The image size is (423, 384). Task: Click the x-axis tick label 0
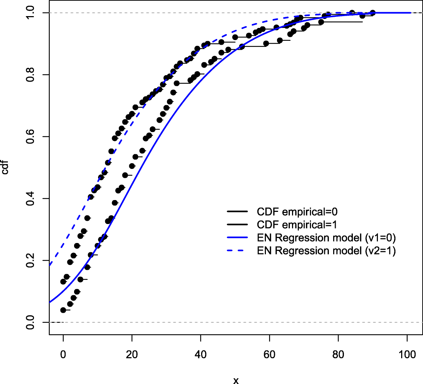[63, 355]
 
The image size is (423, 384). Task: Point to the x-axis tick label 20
[132, 355]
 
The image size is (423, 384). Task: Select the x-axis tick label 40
[201, 355]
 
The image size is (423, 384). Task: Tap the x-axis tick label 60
[269, 355]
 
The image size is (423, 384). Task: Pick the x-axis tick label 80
[338, 355]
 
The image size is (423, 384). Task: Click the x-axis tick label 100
[407, 355]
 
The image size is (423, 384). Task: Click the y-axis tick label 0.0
[30, 322]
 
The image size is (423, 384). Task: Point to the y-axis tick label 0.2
[30, 260]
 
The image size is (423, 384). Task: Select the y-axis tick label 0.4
[30, 198]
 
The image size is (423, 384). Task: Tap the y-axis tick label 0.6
[30, 136]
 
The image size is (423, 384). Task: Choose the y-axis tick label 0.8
[30, 74]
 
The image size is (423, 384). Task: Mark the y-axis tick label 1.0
[30, 13]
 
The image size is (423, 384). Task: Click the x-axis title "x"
[236, 380]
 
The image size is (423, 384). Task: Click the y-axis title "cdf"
[5, 167]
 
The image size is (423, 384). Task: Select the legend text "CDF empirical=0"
[297, 212]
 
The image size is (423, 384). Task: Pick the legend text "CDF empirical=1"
[297, 225]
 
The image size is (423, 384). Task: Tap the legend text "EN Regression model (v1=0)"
[326, 238]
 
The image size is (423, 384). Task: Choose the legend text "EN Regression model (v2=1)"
[326, 251]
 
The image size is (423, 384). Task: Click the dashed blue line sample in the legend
[237, 251]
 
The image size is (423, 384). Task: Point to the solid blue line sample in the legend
[237, 238]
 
